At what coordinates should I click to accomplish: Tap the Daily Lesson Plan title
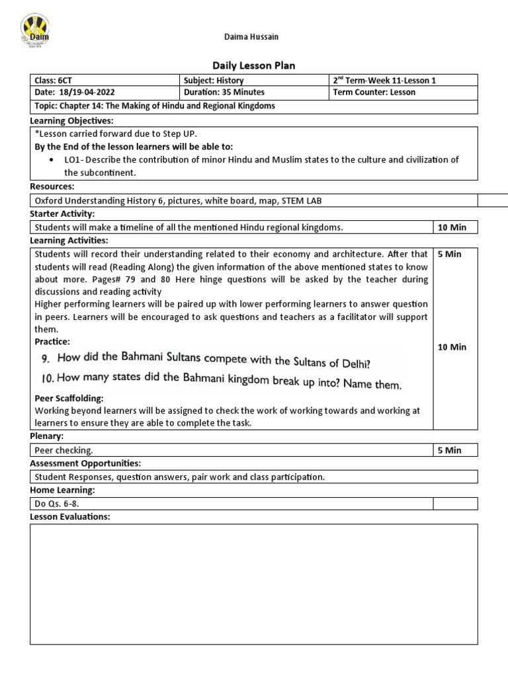pyautogui.click(x=253, y=65)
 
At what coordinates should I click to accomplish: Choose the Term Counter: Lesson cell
pyautogui.click(x=374, y=93)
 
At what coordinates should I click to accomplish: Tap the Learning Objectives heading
pyautogui.click(x=72, y=121)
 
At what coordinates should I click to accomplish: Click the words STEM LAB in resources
pyautogui.click(x=302, y=201)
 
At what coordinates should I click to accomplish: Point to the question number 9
pyautogui.click(x=46, y=358)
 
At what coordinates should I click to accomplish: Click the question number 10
pyautogui.click(x=46, y=379)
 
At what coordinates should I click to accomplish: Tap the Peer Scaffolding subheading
pyautogui.click(x=69, y=399)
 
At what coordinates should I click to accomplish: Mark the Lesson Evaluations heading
pyautogui.click(x=70, y=516)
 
